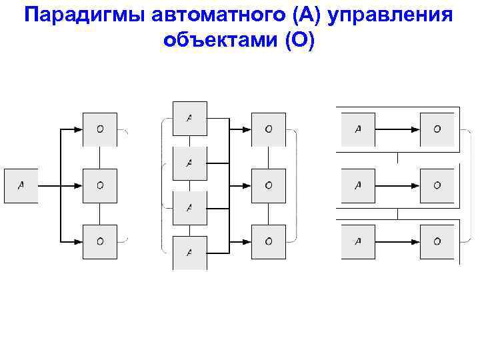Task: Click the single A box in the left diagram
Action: click(21, 186)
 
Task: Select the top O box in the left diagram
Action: click(100, 129)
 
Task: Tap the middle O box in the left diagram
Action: click(100, 186)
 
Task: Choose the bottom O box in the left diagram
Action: click(100, 241)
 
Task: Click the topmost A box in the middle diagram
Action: click(190, 118)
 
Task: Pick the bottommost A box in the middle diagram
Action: click(190, 252)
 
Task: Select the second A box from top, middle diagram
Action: click(190, 163)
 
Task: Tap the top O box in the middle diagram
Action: click(268, 129)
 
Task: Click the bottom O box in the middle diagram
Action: click(268, 241)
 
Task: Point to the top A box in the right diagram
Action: click(358, 129)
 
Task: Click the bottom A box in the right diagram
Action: click(358, 241)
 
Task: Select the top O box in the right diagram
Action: click(437, 129)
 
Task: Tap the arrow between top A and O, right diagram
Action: click(397, 129)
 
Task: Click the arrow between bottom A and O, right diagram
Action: click(397, 241)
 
